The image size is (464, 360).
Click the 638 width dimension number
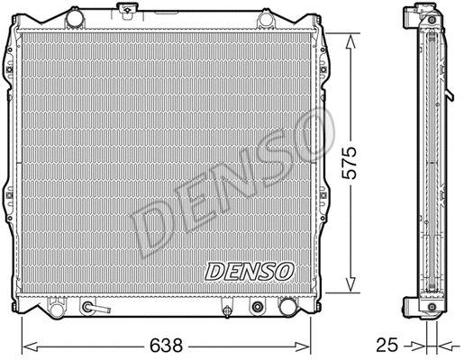(x=165, y=345)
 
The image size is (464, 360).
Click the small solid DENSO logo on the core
(x=248, y=270)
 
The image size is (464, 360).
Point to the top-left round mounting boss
(x=70, y=19)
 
